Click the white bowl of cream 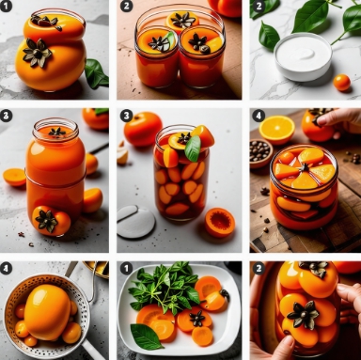pos(303,57)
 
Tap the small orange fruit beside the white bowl pos(341,83)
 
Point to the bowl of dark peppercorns pos(260,153)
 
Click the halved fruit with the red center pos(220,222)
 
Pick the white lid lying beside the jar pos(135,221)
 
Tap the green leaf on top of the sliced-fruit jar pos(193,149)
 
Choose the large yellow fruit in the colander pos(47,312)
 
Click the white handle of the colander pos(93,349)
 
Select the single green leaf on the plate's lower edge pos(146,337)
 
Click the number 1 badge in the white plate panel pos(126,269)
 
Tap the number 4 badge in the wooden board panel pos(259,116)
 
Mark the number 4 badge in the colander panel pos(6,269)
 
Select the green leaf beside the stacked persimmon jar pos(97,74)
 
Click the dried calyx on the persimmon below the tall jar pos(46,221)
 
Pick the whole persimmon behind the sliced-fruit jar pos(143,129)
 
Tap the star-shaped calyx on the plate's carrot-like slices pos(198,318)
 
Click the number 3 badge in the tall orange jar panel pos(6,116)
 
